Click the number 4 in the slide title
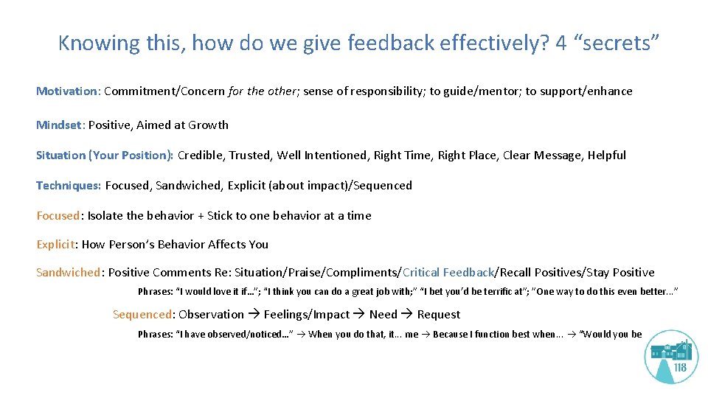click(561, 43)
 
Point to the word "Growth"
click(209, 125)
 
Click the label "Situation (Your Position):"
click(105, 156)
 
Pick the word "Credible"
click(201, 156)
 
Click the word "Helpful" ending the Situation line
click(606, 156)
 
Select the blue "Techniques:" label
click(69, 186)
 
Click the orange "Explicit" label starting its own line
click(56, 245)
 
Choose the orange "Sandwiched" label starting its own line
click(68, 273)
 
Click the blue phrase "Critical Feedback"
click(448, 273)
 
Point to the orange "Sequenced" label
click(142, 315)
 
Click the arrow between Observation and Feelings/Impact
click(254, 315)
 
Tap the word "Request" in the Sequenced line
click(438, 315)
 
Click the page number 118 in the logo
click(679, 369)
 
